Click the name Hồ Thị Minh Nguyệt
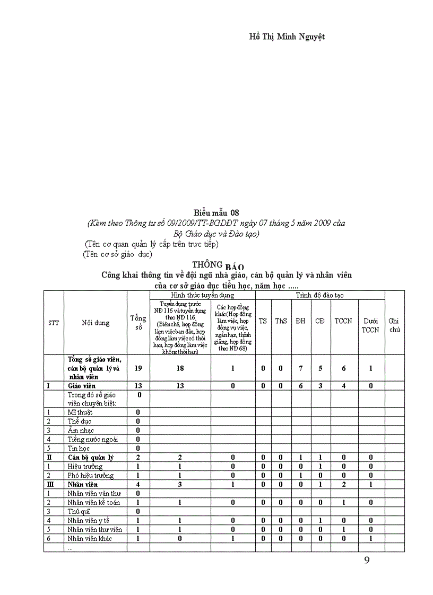287,37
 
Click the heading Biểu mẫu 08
216,213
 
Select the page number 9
367,561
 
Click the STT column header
54,323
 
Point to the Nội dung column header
96,323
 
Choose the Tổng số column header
138,323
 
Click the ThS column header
281,321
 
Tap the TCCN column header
343,321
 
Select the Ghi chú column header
394,325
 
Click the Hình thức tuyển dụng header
202,295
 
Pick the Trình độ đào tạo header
320,295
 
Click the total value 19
138,368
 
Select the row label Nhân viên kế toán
94,502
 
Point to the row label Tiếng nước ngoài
93,439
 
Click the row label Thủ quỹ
78,511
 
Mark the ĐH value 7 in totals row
301,368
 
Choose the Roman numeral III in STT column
49,484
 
